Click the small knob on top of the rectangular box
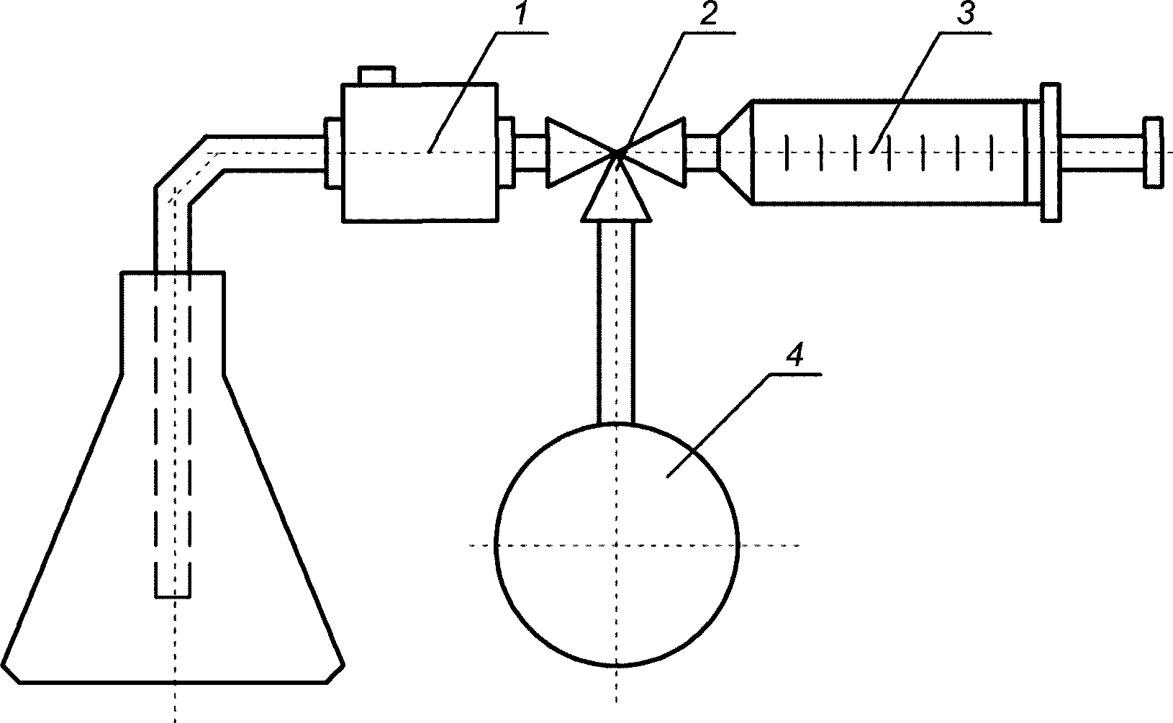[x=376, y=75]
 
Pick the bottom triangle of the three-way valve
[x=617, y=199]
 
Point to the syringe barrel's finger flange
[x=1050, y=151]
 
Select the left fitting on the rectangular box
[x=333, y=153]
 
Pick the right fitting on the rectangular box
[x=507, y=153]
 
